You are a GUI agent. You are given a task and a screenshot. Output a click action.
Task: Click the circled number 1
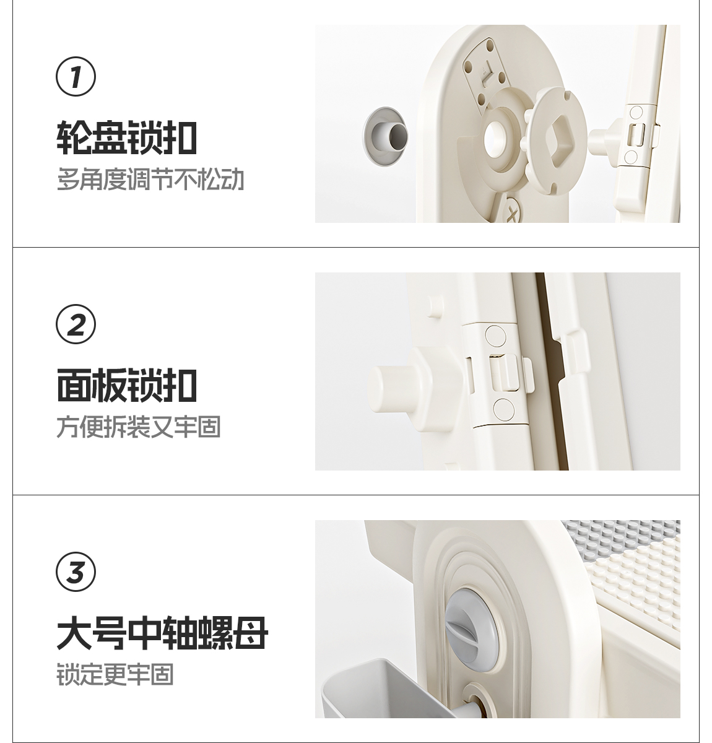(x=76, y=76)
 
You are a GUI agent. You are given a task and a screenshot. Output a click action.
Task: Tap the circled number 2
(x=76, y=324)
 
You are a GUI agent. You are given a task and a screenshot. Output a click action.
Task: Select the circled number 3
(x=76, y=571)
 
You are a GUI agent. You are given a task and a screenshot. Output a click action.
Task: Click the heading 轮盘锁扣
(x=127, y=137)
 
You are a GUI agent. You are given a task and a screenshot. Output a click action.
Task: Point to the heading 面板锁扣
(x=127, y=385)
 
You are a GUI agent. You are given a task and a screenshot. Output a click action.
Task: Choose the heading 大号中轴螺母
(x=162, y=633)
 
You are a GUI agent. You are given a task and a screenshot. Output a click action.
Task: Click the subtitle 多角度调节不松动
(x=150, y=179)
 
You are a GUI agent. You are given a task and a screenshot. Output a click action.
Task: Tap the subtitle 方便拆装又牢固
(x=139, y=427)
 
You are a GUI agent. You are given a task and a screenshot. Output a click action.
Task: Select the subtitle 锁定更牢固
(x=115, y=674)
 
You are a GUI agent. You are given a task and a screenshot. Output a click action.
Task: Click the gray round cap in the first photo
(x=385, y=136)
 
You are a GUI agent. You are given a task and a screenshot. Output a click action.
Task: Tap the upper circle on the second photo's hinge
(x=495, y=336)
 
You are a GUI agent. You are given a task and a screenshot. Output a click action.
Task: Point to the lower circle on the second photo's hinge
(x=503, y=409)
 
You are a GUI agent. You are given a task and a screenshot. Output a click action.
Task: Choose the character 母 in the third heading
(x=251, y=633)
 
